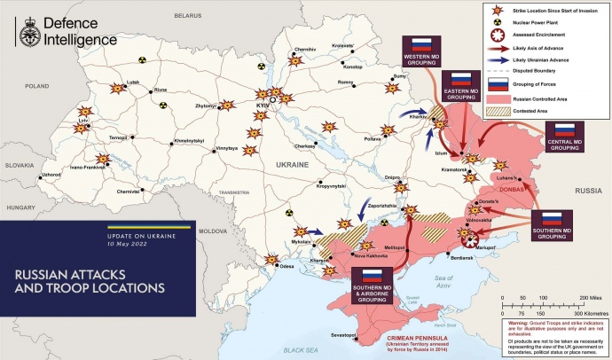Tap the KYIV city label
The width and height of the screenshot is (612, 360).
[x=262, y=106]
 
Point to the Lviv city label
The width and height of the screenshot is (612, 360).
[x=84, y=119]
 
